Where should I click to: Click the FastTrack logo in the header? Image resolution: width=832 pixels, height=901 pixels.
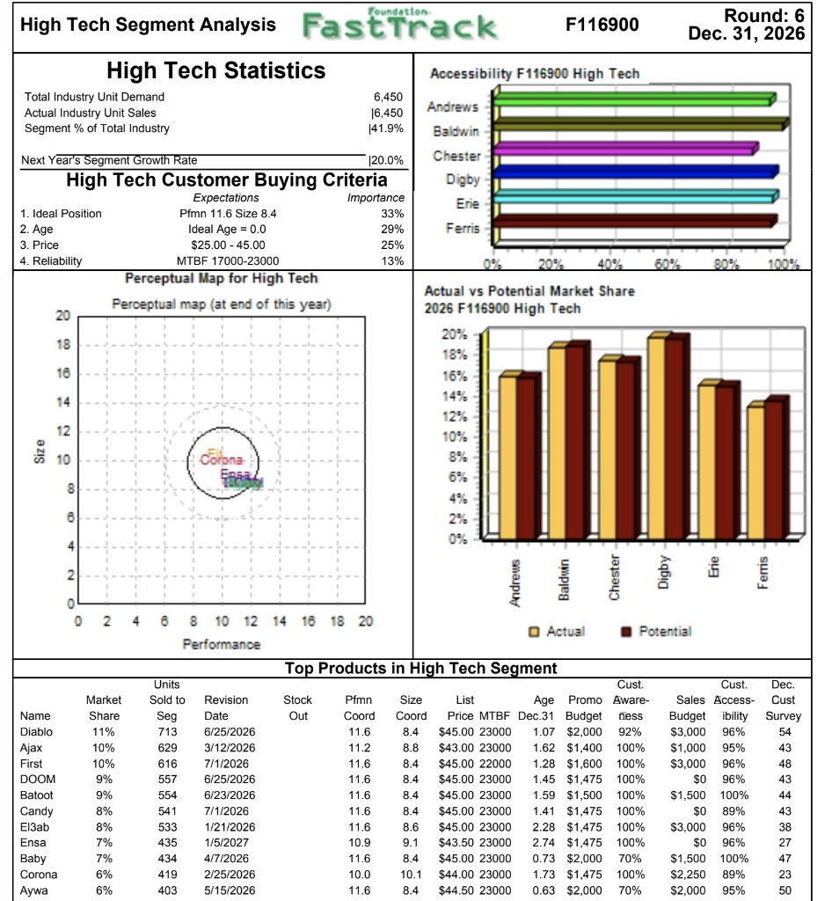[x=400, y=26]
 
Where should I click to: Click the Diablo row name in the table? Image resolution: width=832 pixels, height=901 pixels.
[x=36, y=731]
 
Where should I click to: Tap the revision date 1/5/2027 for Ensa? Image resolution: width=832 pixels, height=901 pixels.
[x=225, y=843]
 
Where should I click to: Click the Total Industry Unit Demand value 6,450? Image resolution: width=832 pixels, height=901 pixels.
[x=387, y=97]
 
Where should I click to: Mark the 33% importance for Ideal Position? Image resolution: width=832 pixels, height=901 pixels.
[x=391, y=214]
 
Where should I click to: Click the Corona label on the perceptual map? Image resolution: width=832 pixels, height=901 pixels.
[x=218, y=460]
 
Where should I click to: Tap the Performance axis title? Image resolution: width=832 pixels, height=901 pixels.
[x=221, y=644]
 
